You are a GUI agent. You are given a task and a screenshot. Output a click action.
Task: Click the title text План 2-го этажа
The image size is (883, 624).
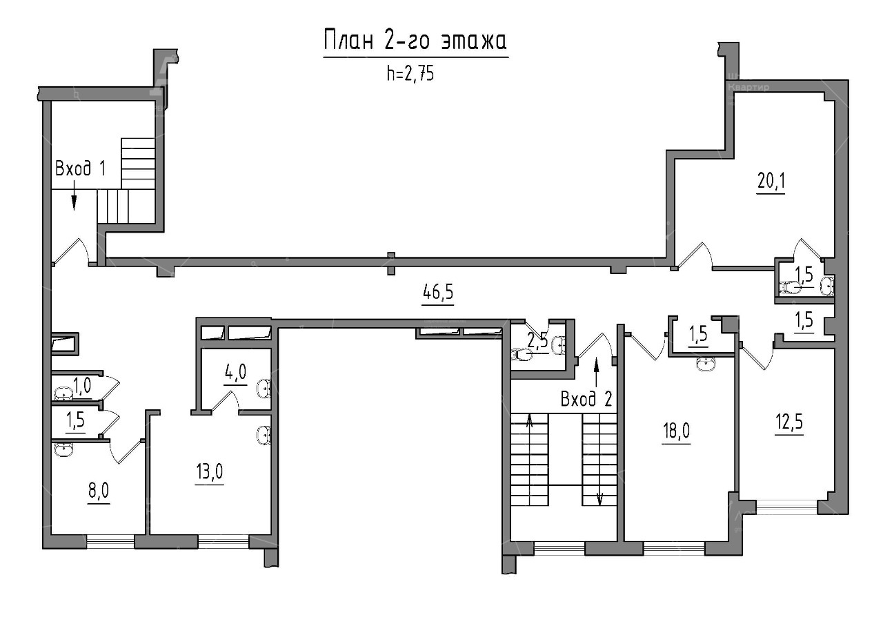click(415, 41)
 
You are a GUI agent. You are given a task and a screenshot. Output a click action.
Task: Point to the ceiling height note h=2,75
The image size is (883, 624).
click(410, 73)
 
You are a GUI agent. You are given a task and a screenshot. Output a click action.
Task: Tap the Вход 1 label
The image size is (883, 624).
click(81, 168)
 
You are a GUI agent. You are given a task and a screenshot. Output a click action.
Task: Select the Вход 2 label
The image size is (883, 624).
click(586, 400)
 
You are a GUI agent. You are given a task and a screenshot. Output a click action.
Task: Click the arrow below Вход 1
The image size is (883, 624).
click(74, 195)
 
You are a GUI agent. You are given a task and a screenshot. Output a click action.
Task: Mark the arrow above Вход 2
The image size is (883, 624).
click(596, 372)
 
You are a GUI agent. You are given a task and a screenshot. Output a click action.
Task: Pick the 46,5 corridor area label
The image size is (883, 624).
click(437, 293)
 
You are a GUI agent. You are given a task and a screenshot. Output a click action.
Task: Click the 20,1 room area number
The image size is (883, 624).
click(771, 182)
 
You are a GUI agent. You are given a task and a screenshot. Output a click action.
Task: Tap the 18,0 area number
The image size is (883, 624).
click(676, 431)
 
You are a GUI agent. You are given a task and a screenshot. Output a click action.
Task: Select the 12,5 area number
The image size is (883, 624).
click(789, 422)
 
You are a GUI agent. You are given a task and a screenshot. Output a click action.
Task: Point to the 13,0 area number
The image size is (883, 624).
click(209, 471)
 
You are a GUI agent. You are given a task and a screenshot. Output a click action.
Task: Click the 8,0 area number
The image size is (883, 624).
click(99, 491)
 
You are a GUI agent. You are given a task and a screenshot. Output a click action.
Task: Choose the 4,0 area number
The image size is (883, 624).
click(236, 371)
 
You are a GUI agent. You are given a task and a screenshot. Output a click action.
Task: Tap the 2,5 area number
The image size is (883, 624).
click(537, 341)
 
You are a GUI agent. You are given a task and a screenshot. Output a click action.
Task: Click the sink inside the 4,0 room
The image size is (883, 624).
click(264, 389)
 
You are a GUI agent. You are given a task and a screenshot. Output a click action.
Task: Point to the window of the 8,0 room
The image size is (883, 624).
click(110, 541)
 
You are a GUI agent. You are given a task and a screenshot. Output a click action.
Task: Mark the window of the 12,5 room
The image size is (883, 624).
click(787, 507)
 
